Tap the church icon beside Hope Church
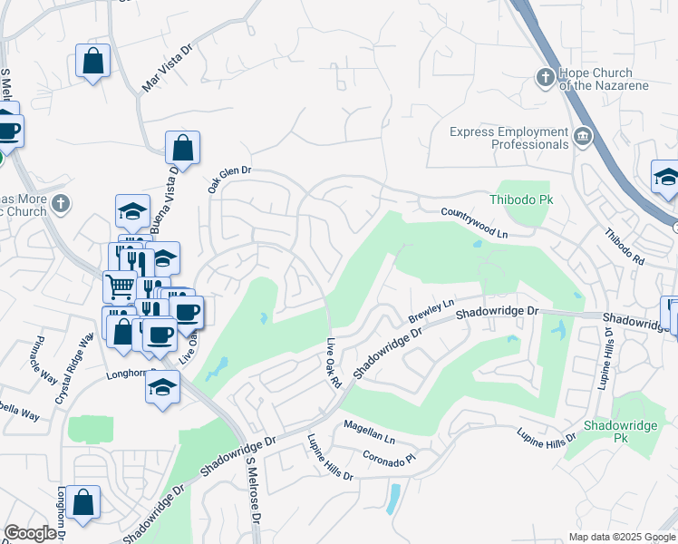click(x=545, y=77)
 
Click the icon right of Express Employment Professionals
click(x=581, y=138)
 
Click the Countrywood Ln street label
click(x=476, y=223)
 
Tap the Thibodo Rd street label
click(x=625, y=247)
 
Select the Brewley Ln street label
click(x=431, y=309)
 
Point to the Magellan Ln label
click(x=369, y=432)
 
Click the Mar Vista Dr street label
click(x=168, y=69)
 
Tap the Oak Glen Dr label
click(x=228, y=179)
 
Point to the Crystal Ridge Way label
click(x=74, y=368)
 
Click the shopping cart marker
click(x=120, y=287)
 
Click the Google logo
click(x=31, y=533)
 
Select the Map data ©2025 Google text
click(x=621, y=537)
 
